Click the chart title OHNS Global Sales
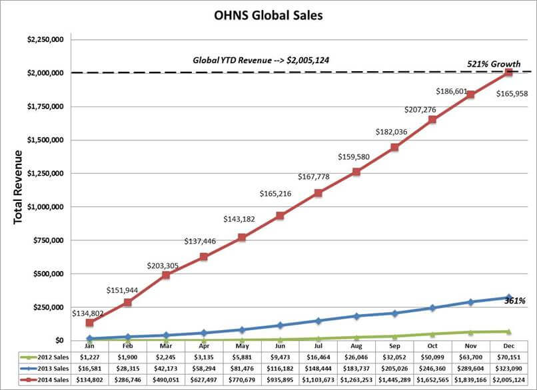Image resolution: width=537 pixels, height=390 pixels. coord(268,15)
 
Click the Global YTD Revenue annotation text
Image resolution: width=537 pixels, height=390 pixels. coord(262,60)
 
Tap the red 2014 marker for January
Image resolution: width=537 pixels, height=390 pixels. coord(90,323)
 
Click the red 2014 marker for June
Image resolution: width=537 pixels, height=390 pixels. coord(280,216)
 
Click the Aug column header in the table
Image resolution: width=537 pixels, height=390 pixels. coord(356,346)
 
